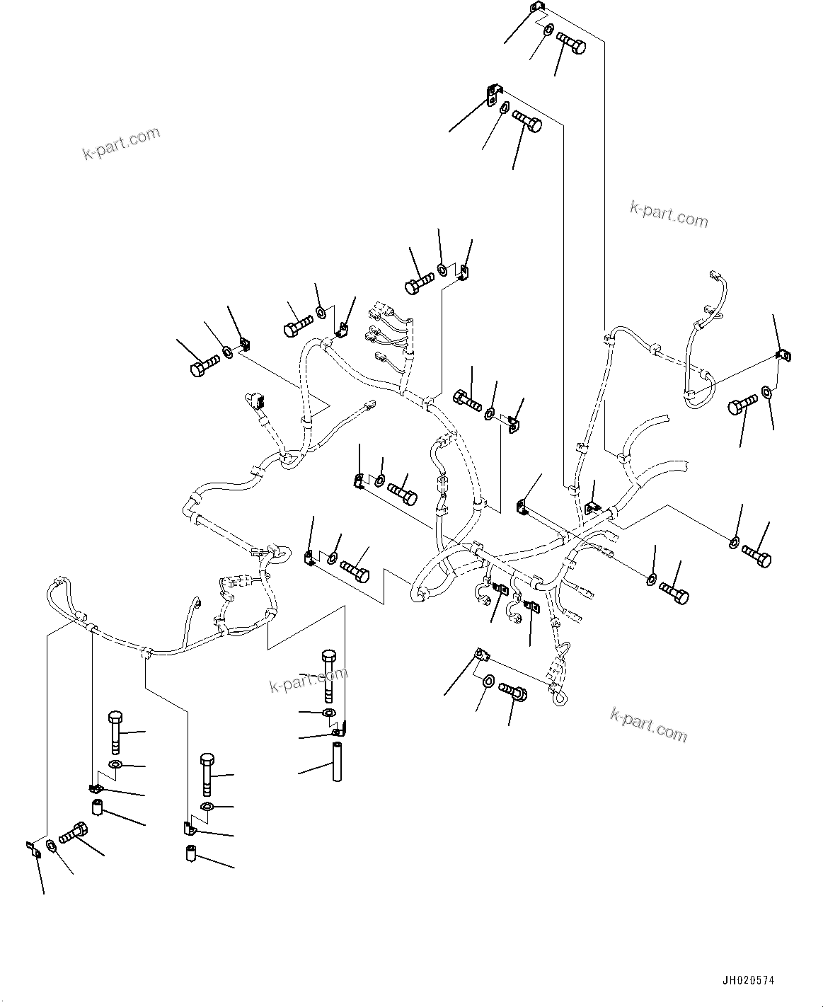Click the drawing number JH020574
point(748,981)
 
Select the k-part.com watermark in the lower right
point(648,724)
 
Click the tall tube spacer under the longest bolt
point(336,760)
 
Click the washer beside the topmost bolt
point(549,30)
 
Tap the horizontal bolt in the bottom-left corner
point(73,833)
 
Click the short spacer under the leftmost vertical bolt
point(98,807)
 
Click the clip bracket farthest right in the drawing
point(782,355)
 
